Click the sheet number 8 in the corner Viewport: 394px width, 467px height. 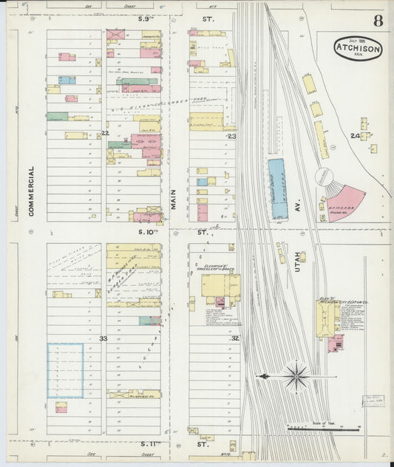[x=378, y=21]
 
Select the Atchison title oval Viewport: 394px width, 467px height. [x=358, y=49]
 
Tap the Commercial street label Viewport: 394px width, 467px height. [x=32, y=191]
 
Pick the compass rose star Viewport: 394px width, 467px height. [x=296, y=376]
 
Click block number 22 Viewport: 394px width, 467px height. [x=105, y=134]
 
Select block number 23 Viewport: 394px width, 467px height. [x=231, y=136]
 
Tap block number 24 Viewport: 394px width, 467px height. [x=356, y=136]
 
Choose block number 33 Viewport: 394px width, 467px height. [x=103, y=338]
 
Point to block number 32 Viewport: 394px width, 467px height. [x=234, y=338]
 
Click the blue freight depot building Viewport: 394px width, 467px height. [x=279, y=189]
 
